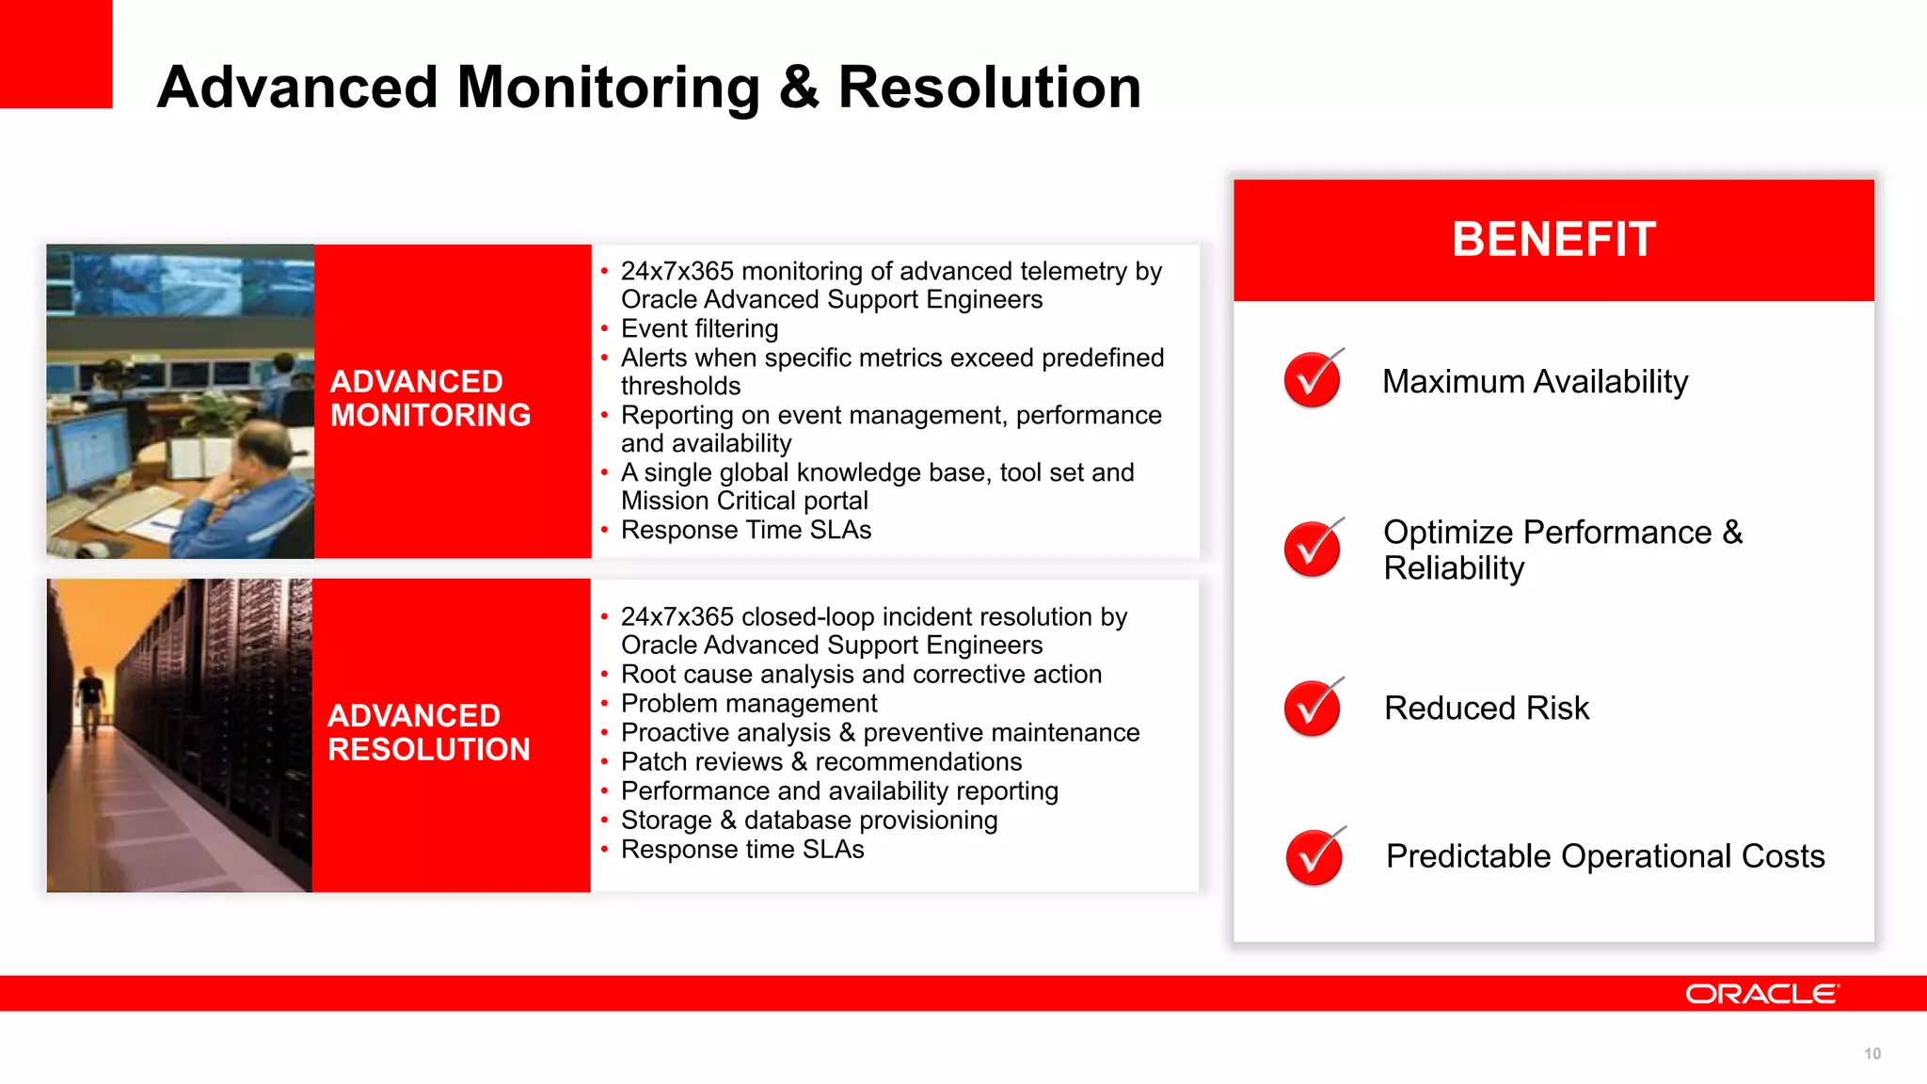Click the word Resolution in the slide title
pos(989,88)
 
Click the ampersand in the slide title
pos(799,88)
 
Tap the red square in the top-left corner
pos(56,54)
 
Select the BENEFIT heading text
pos(1553,239)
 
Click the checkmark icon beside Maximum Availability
pos(1312,379)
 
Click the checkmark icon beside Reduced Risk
pos(1312,708)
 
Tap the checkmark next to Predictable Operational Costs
pos(1314,856)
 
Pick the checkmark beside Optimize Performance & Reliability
pos(1312,549)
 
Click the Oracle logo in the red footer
pos(1760,995)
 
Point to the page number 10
pos(1871,1054)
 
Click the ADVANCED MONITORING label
pos(430,398)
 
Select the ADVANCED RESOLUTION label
pos(428,732)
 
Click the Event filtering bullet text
pos(699,328)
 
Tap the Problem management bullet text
pos(749,703)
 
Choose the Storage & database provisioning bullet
pos(809,820)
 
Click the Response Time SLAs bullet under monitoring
pos(746,530)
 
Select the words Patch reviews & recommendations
pos(820,761)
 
